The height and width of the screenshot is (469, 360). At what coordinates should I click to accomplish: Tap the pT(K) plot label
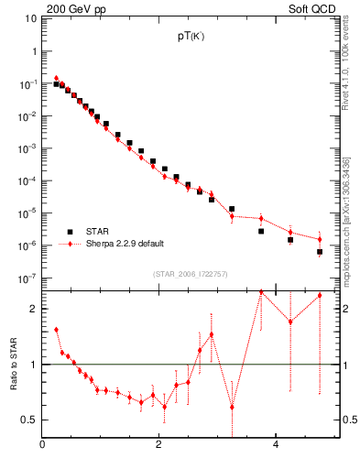[x=190, y=38]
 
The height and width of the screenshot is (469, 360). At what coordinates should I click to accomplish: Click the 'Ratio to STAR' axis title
[x=15, y=364]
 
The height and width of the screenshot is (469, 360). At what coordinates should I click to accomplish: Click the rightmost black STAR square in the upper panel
[x=320, y=251]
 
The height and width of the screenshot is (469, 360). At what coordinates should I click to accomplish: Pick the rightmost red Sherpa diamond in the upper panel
[x=320, y=239]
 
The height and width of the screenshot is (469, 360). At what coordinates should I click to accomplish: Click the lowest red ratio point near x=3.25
[x=232, y=407]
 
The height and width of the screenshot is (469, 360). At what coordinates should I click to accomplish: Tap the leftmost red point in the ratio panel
[x=56, y=330]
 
